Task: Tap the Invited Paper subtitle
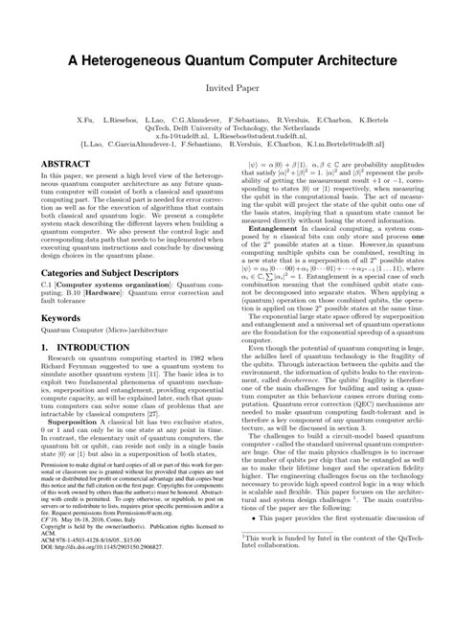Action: [226, 86]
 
